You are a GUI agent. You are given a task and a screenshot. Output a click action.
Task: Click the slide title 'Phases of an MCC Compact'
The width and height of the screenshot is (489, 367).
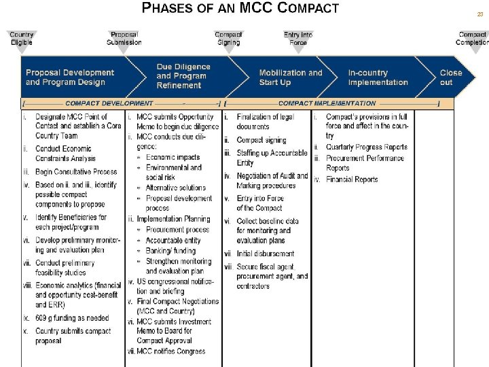pos(239,9)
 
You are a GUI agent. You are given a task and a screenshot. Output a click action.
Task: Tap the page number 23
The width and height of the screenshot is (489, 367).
pos(479,14)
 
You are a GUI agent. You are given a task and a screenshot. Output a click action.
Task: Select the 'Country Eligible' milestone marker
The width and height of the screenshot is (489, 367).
pos(22,39)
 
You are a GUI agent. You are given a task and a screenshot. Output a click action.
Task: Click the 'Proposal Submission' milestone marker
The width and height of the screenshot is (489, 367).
pos(124,39)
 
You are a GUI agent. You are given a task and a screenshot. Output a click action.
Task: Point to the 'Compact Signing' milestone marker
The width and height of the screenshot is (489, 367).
pos(228,39)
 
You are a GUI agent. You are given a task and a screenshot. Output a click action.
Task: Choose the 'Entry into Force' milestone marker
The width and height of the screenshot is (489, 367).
pos(298,39)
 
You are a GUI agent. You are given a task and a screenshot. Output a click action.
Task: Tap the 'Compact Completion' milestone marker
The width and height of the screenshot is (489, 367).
pos(472,39)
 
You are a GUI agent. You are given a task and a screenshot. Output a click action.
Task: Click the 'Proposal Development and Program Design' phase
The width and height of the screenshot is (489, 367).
pos(70,77)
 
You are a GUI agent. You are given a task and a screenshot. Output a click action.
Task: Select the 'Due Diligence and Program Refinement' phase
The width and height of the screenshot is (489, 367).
pos(183,76)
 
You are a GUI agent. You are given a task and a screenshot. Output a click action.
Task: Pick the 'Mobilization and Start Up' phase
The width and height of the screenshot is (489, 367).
pos(291,77)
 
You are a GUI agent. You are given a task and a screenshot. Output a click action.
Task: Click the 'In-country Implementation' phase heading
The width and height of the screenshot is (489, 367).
pos(378,77)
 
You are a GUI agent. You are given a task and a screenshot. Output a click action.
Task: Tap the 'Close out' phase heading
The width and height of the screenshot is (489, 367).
pos(450,77)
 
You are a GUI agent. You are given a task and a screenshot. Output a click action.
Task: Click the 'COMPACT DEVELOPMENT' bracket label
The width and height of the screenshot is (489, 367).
pos(109,103)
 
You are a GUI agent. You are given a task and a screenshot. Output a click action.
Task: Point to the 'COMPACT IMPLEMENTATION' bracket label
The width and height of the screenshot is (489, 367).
pos(327,103)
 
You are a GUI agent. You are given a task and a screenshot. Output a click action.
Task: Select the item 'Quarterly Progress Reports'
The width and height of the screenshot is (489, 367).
pos(366,147)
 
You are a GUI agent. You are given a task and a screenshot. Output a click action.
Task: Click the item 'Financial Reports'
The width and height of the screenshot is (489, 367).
pos(351,179)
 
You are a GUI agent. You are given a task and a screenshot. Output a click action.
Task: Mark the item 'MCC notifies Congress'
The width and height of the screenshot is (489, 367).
pos(170,351)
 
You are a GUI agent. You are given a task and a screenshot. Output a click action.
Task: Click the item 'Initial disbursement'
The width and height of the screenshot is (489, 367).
pos(266,254)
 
